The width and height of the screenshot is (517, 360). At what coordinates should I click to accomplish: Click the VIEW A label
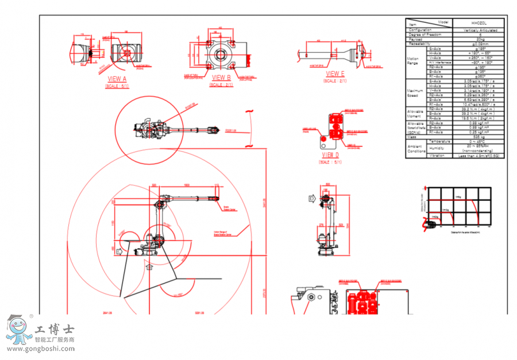coord(117,79)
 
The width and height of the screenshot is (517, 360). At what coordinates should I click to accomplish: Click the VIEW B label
coord(221,78)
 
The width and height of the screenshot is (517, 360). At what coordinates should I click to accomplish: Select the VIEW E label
coord(335,73)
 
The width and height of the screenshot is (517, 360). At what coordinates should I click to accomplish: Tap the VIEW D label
coord(330,155)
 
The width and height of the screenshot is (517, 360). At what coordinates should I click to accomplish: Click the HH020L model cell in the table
coord(477,25)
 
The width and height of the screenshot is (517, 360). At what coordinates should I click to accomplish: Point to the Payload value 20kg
coord(477,39)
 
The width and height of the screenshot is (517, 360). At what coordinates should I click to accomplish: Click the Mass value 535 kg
coord(477,137)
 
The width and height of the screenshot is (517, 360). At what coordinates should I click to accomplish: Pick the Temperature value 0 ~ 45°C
coord(477,142)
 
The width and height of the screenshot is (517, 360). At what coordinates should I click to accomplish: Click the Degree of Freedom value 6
coord(477,34)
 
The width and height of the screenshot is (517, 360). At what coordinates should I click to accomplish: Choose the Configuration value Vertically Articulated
coord(477,30)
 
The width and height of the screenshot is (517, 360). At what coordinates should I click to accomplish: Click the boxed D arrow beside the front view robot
coord(312,199)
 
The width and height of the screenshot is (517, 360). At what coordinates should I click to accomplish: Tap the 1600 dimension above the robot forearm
coord(187,185)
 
